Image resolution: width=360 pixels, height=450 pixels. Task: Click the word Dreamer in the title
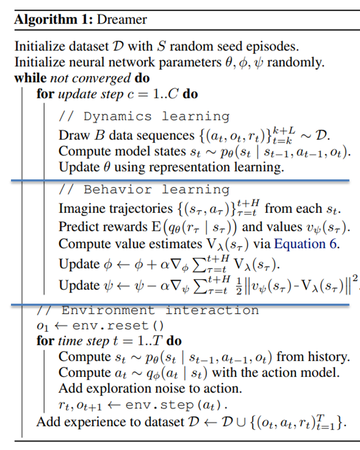(x=128, y=20)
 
